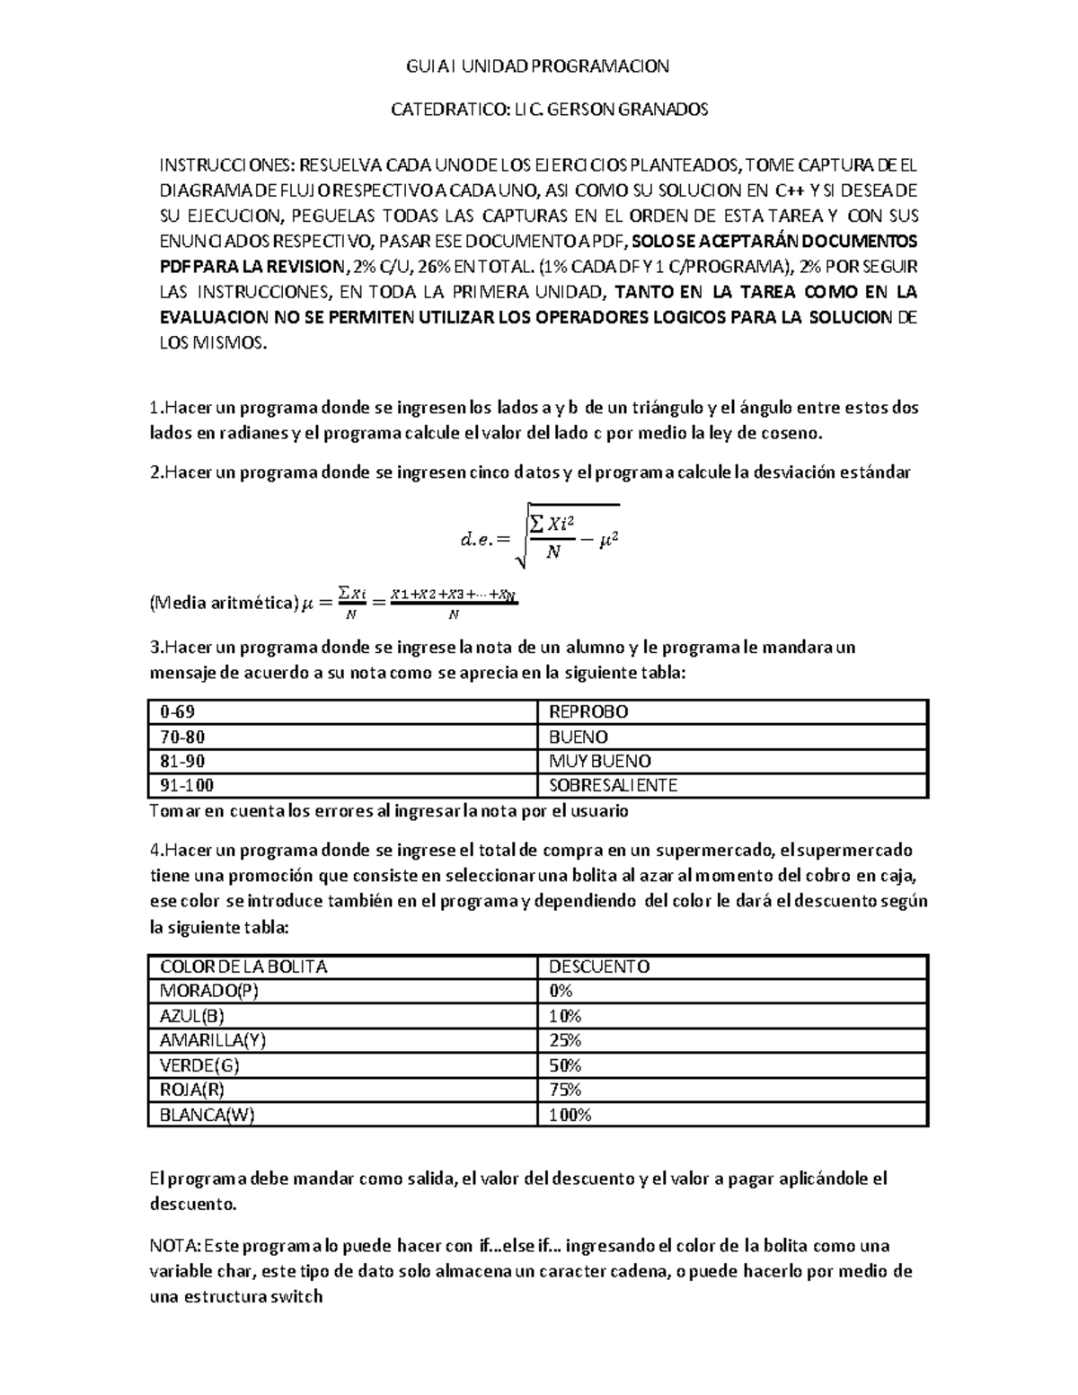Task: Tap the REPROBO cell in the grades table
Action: pos(588,712)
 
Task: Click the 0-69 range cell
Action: pos(177,712)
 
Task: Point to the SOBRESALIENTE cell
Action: pos(613,785)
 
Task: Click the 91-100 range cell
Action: pos(187,785)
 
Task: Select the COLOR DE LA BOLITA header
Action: pos(243,967)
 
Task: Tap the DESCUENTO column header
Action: pos(598,967)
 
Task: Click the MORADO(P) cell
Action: pos(201,991)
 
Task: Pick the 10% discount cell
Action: pos(565,1016)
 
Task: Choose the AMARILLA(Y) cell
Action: pos(213,1040)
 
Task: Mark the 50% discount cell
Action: pos(565,1065)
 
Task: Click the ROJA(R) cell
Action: pos(191,1090)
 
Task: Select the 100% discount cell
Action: pos(570,1115)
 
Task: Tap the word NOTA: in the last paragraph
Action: pos(175,1246)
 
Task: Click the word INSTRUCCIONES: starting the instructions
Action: pos(226,165)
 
